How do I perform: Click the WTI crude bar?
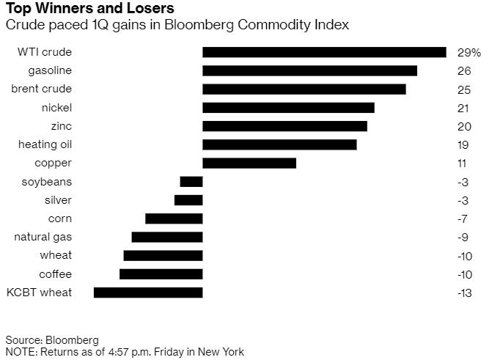point(324,52)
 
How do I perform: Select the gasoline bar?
point(309,70)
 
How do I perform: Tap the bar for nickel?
point(288,108)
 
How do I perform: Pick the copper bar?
point(249,163)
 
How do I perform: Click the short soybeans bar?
point(191,182)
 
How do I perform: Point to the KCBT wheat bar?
point(148,293)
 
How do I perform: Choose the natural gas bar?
point(167,237)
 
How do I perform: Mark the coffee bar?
point(161,274)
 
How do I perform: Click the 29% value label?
point(468,53)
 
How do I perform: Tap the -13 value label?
point(463,293)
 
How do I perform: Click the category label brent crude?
point(41,89)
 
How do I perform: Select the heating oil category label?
point(45,144)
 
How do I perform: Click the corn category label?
point(59,218)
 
